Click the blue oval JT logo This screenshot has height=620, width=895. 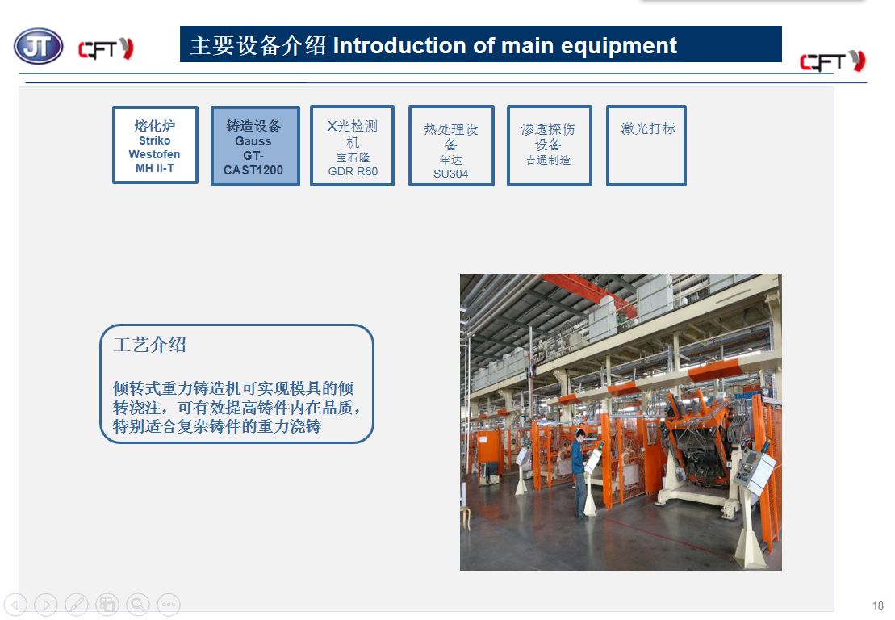38,46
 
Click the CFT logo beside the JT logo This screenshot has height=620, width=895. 107,49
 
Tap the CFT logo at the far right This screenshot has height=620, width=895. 833,61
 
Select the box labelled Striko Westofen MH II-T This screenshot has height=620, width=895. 155,145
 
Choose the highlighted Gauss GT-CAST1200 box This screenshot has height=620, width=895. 255,146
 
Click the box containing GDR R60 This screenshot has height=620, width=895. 352,145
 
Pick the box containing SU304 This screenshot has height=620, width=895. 451,145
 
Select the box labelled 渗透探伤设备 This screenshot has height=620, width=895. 549,145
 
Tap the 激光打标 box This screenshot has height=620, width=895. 646,145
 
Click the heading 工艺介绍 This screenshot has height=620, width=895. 150,345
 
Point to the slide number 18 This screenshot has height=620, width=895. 878,605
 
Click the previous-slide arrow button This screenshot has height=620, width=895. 15,604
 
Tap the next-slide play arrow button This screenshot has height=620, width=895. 46,604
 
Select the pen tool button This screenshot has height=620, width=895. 77,604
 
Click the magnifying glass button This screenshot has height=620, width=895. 137,604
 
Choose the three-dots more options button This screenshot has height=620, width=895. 169,604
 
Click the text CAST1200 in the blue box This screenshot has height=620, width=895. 253,170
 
